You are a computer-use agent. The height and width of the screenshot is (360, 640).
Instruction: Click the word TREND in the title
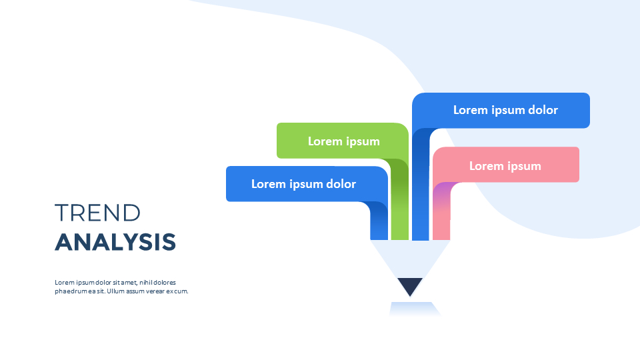97,213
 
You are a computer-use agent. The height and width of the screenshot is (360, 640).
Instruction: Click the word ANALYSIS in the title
115,242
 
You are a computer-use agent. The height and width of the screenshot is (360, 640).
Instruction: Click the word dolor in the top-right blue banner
541,110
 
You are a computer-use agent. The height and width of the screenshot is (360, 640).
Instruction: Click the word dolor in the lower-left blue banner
339,184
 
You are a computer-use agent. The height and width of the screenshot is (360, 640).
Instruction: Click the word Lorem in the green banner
325,141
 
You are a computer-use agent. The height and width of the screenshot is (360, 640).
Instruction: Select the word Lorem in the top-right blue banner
471,110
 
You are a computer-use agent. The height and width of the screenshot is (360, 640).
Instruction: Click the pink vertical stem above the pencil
441,220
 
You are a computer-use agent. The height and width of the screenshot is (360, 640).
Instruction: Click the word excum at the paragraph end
177,291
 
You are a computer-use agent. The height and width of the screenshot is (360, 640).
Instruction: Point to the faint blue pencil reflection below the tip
414,309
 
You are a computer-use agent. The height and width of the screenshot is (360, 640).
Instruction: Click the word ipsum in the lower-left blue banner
303,184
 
